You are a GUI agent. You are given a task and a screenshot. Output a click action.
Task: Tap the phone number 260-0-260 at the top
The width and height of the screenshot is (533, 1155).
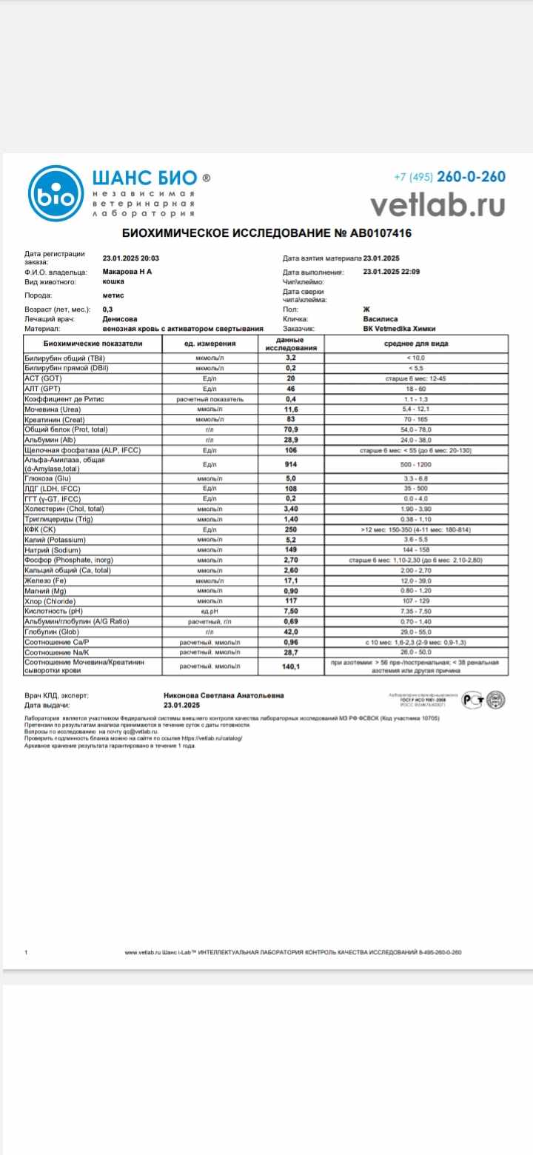[x=471, y=177]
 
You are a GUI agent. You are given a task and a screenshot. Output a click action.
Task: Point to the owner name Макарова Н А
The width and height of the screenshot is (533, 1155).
[x=127, y=272]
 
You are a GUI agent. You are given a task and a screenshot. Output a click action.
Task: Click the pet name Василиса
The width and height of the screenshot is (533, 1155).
[x=381, y=319]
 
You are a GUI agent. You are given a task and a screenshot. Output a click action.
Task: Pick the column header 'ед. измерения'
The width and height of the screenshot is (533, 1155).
[x=209, y=344]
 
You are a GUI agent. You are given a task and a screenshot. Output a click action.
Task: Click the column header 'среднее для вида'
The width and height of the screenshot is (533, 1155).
[x=415, y=344]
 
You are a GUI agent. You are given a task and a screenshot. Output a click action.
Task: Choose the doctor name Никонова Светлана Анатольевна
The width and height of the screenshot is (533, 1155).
[x=223, y=696]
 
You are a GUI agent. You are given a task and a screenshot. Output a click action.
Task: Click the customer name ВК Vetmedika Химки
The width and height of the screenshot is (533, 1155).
[x=400, y=328]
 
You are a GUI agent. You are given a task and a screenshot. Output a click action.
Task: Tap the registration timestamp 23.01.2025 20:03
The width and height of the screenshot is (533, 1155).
[x=131, y=258]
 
